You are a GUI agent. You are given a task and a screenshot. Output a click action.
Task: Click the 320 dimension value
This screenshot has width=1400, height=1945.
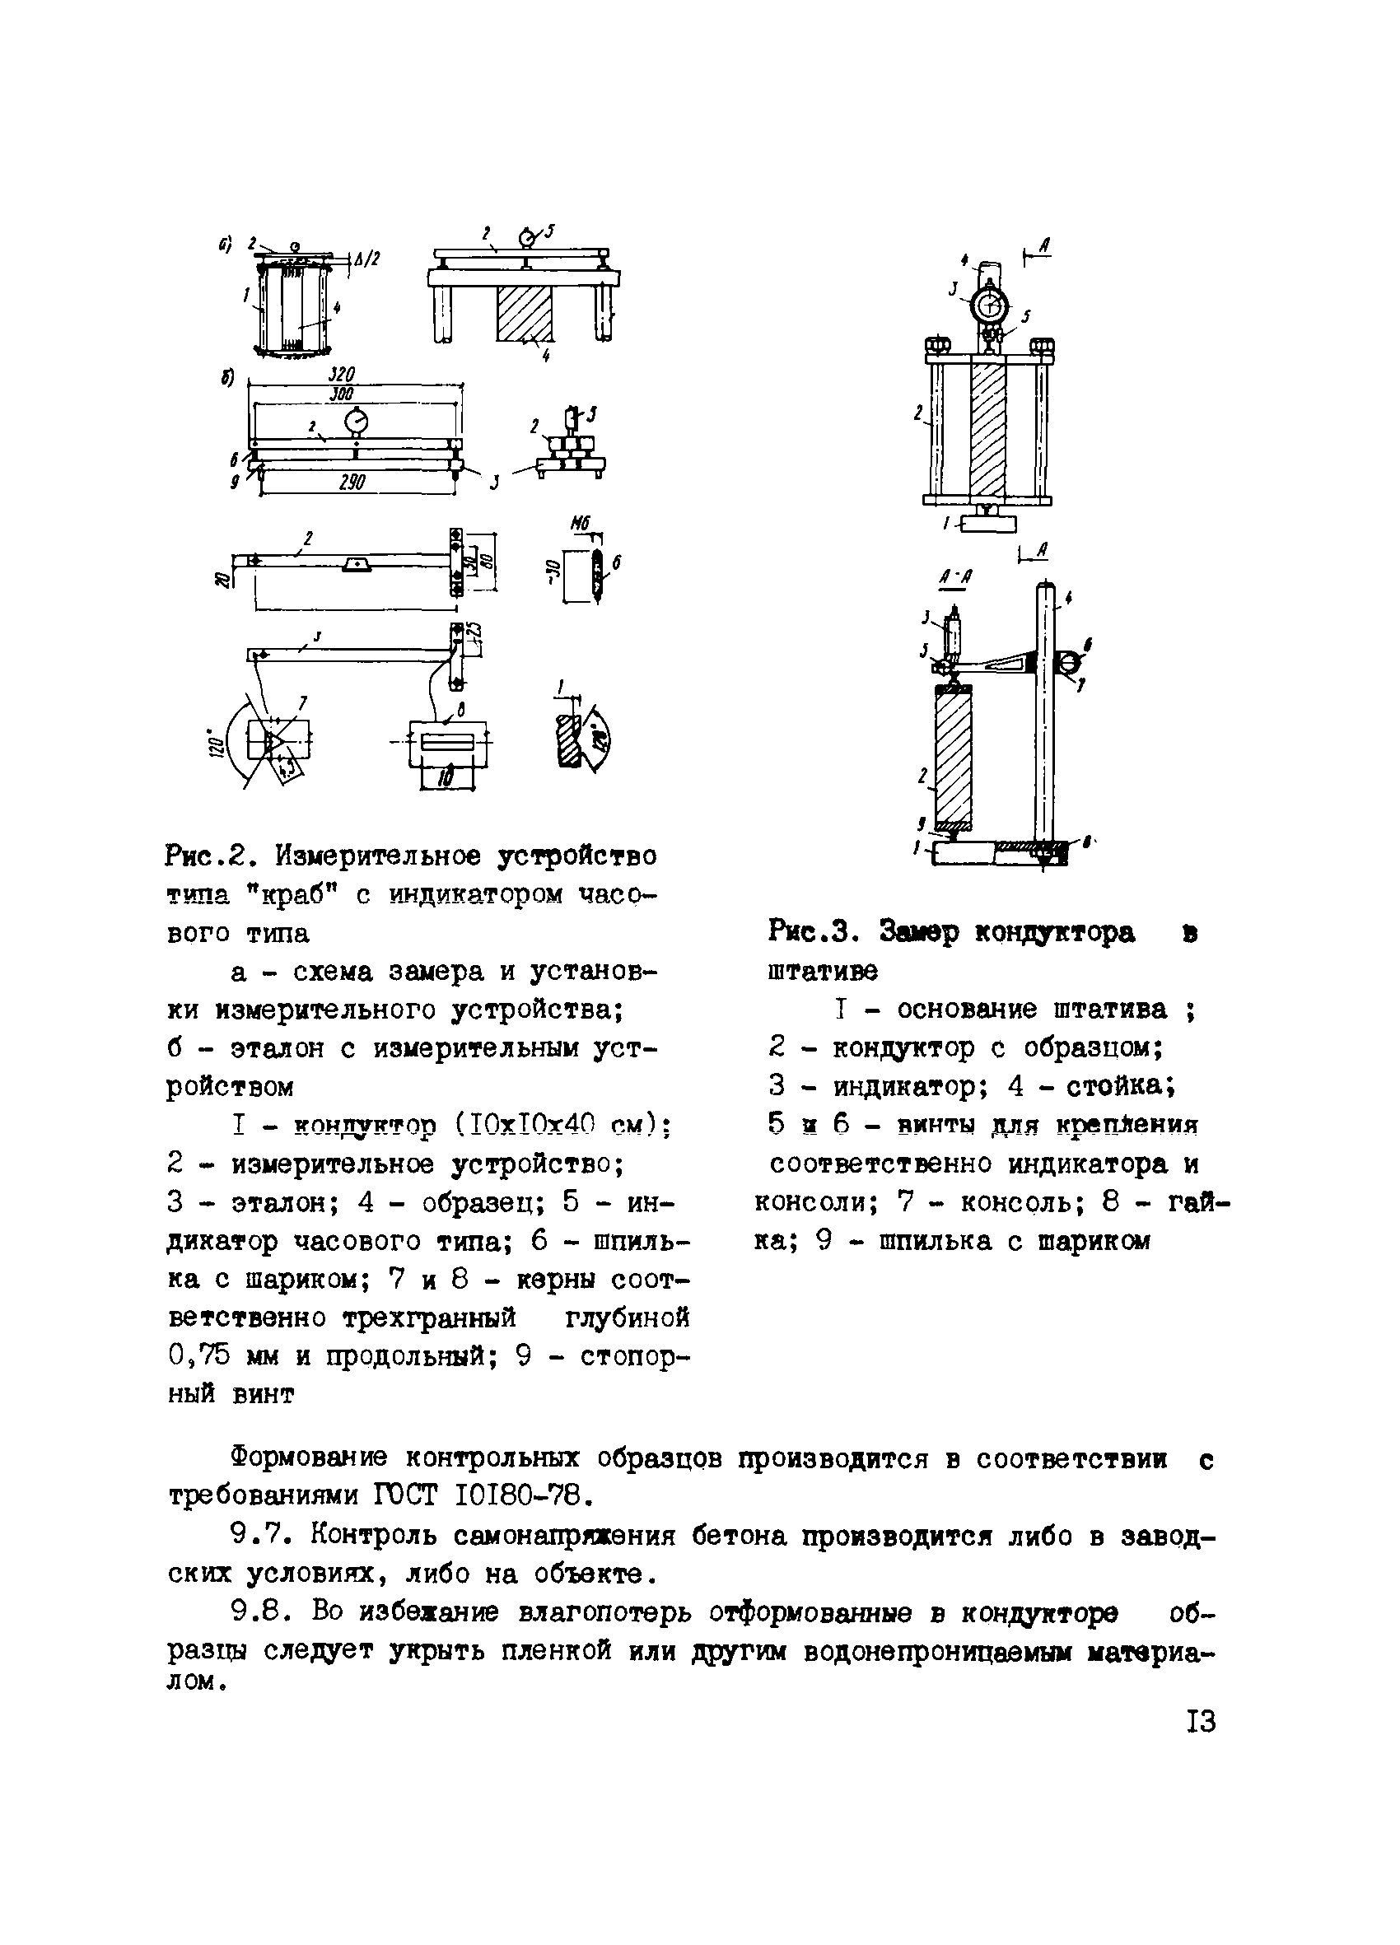[342, 375]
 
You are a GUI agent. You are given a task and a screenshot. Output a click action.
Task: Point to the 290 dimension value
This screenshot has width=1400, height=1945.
[352, 483]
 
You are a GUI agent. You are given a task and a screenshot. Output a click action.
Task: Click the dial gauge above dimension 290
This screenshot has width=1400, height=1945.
[355, 422]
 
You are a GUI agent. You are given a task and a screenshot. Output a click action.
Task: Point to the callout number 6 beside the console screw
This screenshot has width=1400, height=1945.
[1087, 643]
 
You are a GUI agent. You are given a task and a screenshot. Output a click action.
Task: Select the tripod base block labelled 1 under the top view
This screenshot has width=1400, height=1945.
[988, 522]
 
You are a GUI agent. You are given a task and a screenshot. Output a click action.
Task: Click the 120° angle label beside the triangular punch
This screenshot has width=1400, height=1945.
[217, 739]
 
